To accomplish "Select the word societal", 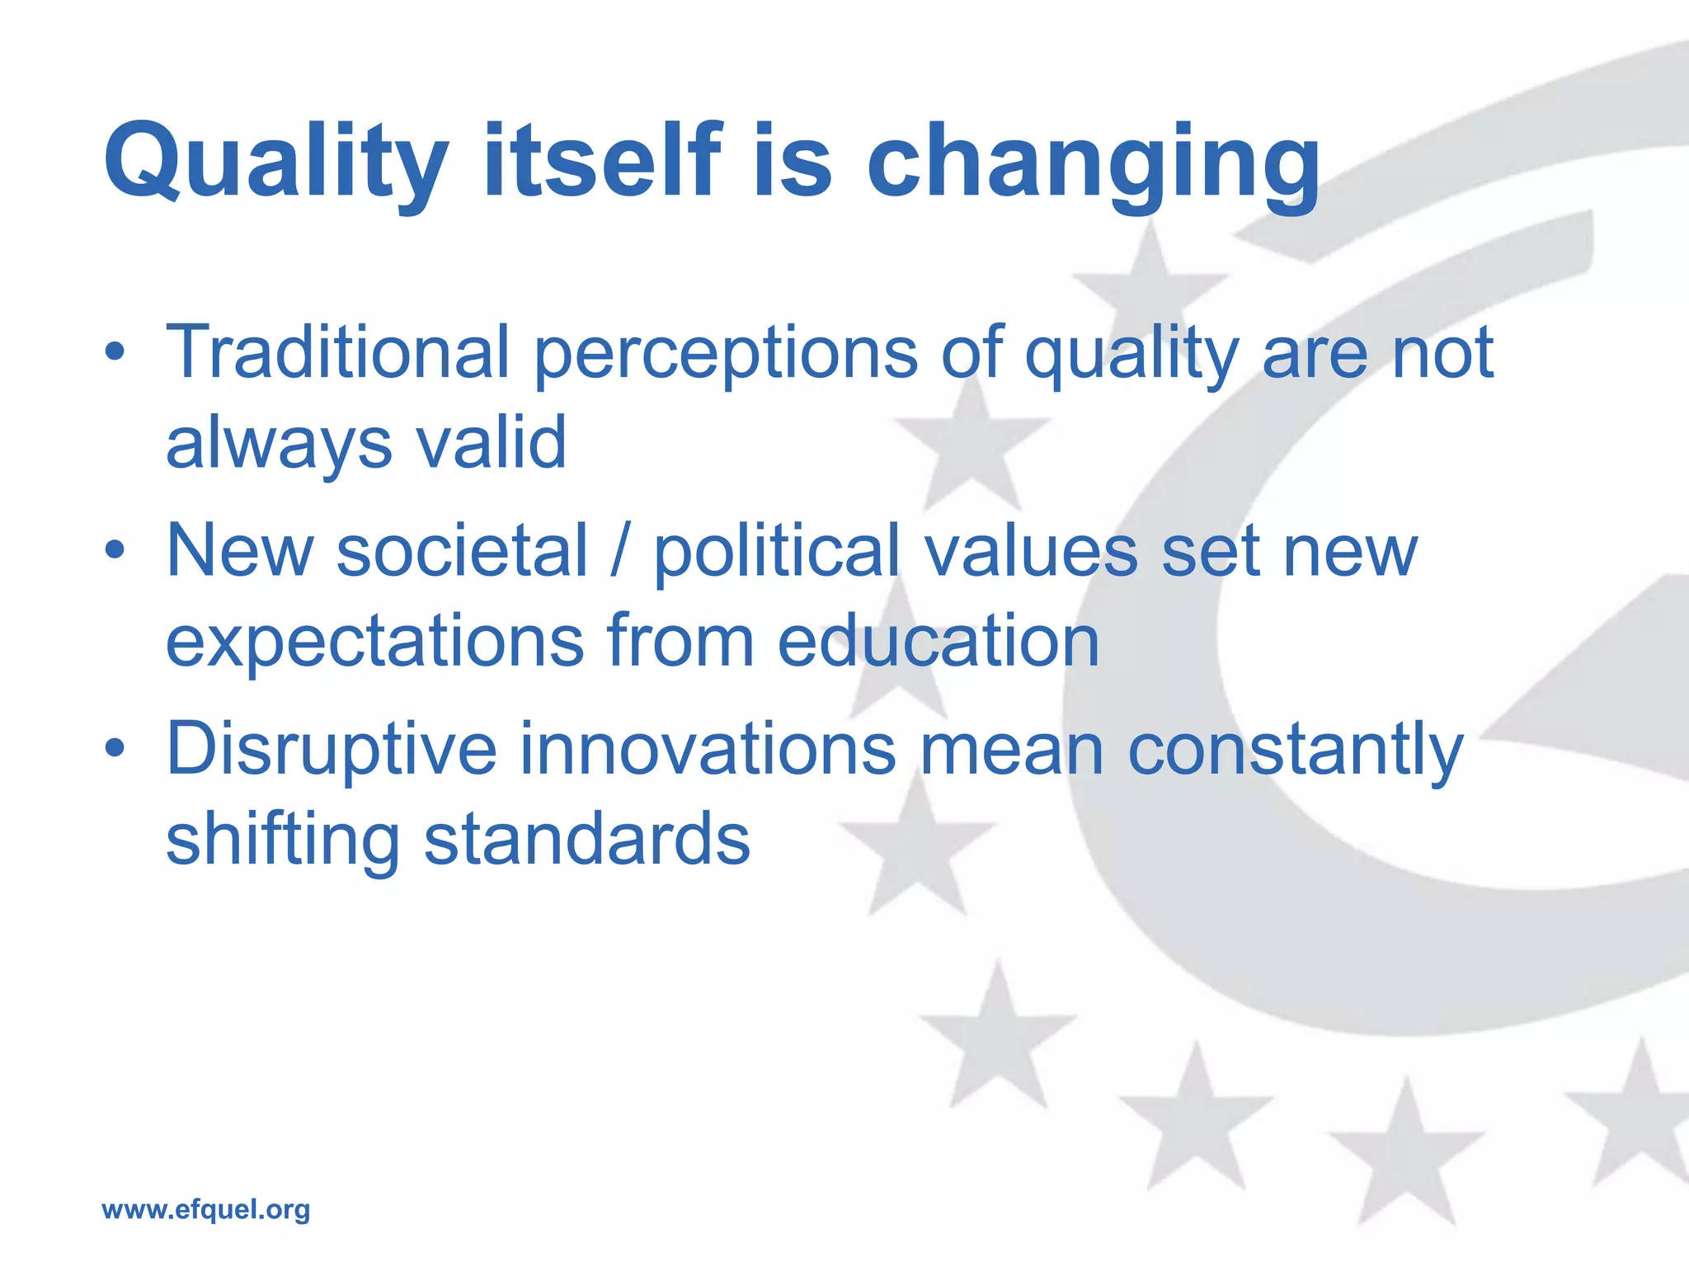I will tap(462, 551).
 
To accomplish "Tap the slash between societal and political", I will tap(620, 551).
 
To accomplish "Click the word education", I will tap(939, 642).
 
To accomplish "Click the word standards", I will tap(586, 840).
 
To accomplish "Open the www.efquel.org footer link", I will tap(205, 1209).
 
